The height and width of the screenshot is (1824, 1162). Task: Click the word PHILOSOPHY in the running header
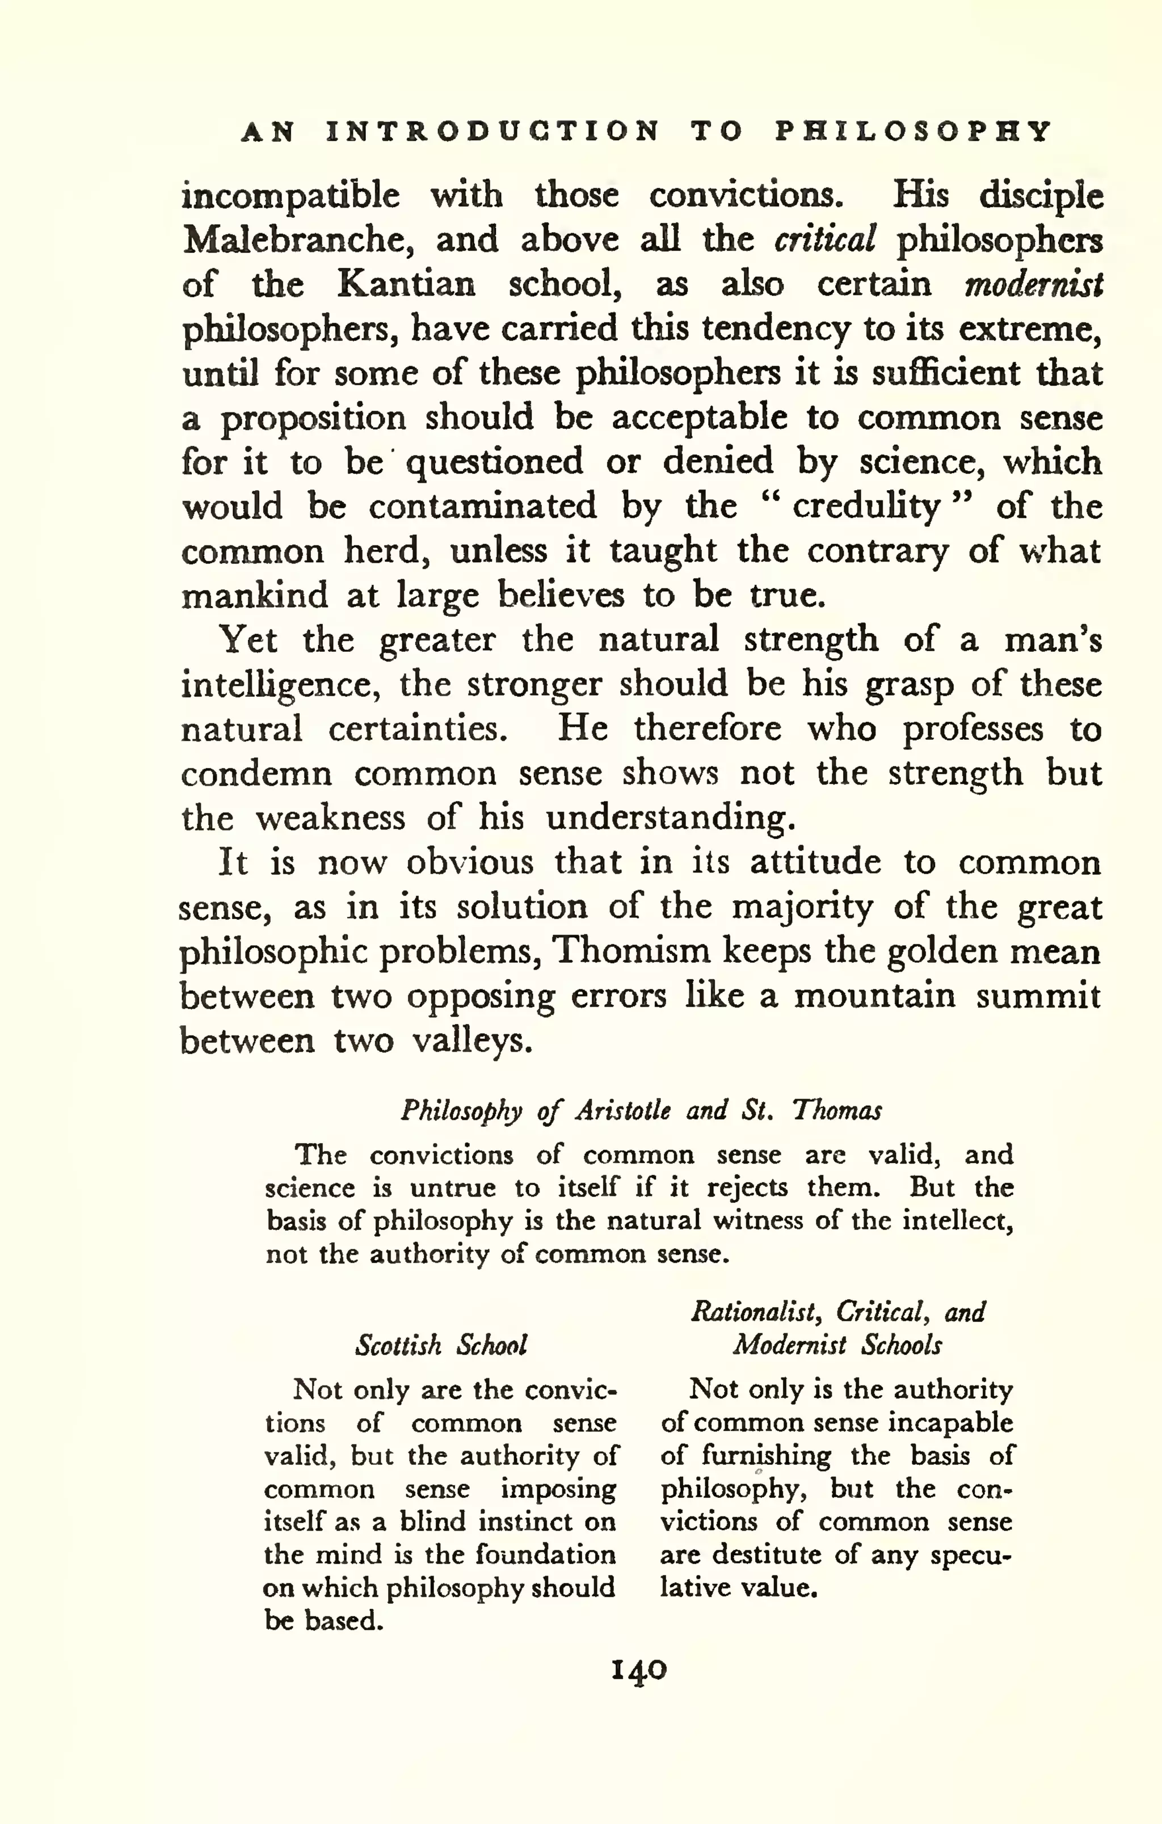click(913, 132)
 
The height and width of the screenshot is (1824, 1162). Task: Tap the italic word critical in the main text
click(825, 240)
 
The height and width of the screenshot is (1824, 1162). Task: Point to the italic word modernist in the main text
click(1033, 285)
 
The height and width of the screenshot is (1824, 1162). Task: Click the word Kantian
click(406, 285)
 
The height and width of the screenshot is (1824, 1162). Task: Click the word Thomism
click(631, 951)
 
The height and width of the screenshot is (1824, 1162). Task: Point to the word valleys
click(473, 1041)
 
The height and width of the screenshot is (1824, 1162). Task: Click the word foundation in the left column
click(545, 1555)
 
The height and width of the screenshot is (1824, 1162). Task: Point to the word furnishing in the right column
click(765, 1456)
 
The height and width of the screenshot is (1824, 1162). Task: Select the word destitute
click(767, 1555)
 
